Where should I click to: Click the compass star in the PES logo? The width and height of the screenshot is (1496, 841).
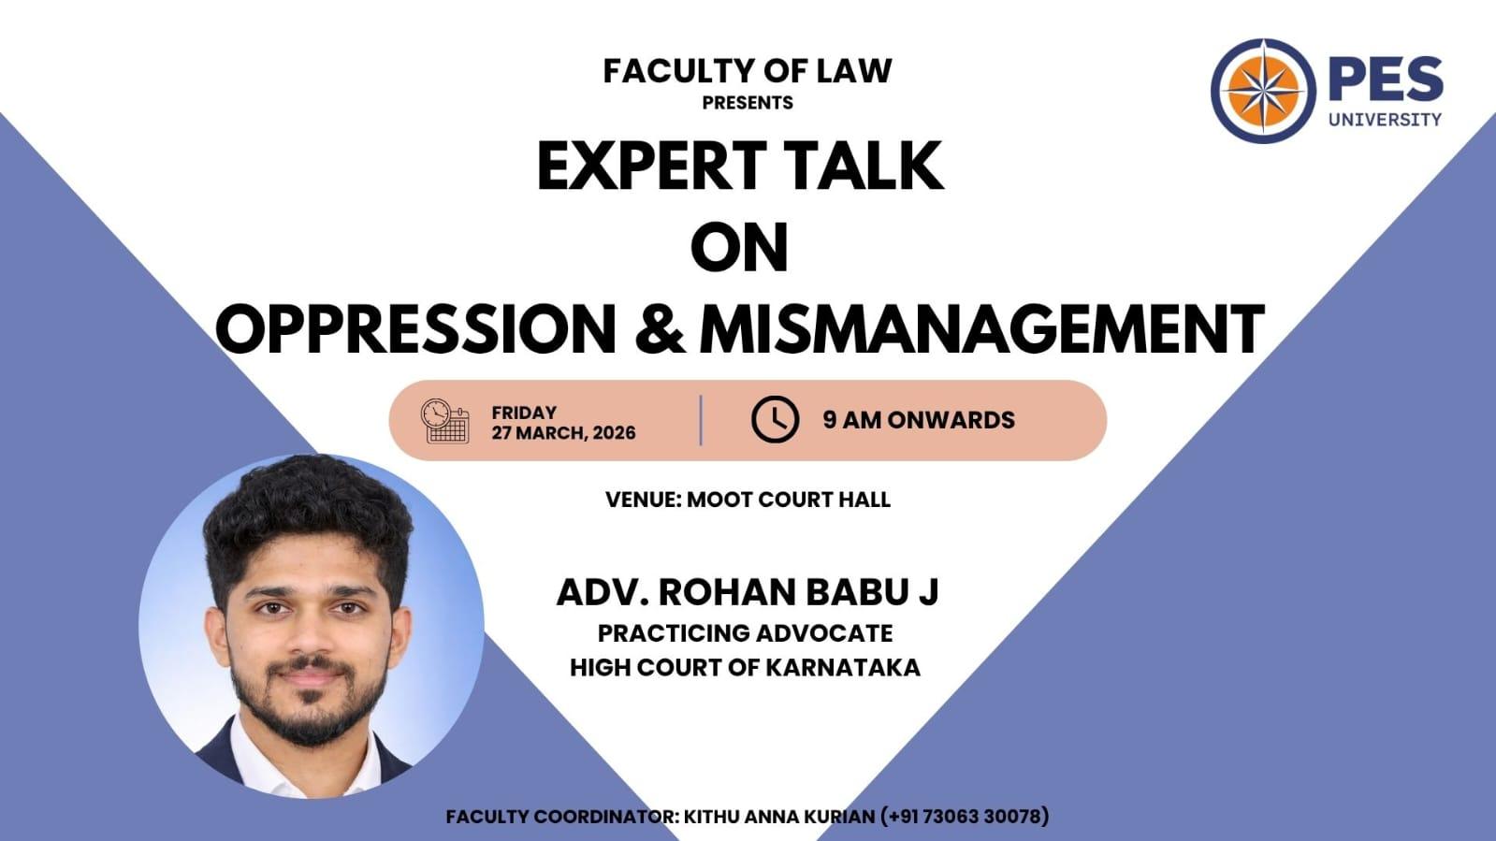click(1263, 91)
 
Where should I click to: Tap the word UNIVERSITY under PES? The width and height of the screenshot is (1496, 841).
click(1386, 120)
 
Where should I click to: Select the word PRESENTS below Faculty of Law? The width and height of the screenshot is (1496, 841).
click(748, 103)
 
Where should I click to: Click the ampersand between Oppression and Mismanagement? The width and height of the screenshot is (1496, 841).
click(660, 328)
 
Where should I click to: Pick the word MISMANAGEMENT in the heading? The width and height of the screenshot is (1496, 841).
click(981, 328)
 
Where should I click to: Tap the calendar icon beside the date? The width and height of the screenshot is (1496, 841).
click(444, 421)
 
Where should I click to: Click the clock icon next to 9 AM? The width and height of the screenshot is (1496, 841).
click(775, 419)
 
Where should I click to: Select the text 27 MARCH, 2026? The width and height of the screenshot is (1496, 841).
click(563, 433)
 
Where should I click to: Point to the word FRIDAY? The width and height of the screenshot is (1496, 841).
click(524, 413)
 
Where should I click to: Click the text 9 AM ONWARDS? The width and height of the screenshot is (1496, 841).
click(919, 419)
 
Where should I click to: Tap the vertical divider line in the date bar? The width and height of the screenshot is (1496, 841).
click(701, 420)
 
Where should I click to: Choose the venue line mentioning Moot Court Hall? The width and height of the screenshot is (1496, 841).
click(748, 500)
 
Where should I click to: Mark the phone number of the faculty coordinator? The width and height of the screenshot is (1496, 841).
click(965, 817)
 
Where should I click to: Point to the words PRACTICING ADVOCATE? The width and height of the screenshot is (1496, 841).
click(746, 633)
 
